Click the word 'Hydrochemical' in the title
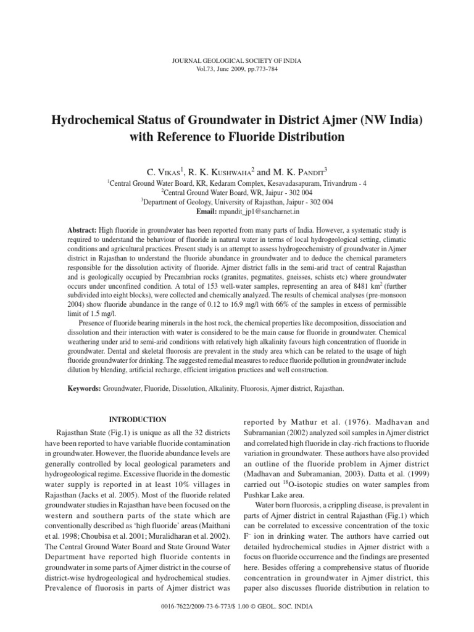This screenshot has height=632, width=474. pos(91,118)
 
